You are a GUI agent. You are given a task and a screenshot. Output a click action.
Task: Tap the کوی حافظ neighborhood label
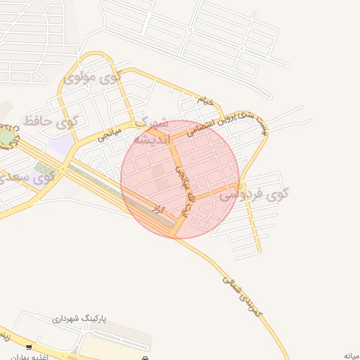pyautogui.click(x=49, y=122)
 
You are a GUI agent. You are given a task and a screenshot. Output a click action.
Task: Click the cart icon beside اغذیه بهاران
pyautogui.click(x=29, y=347)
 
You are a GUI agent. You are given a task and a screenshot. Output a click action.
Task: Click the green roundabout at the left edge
pyautogui.click(x=6, y=137)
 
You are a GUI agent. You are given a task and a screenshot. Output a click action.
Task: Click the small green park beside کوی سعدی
pyautogui.click(x=46, y=169)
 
